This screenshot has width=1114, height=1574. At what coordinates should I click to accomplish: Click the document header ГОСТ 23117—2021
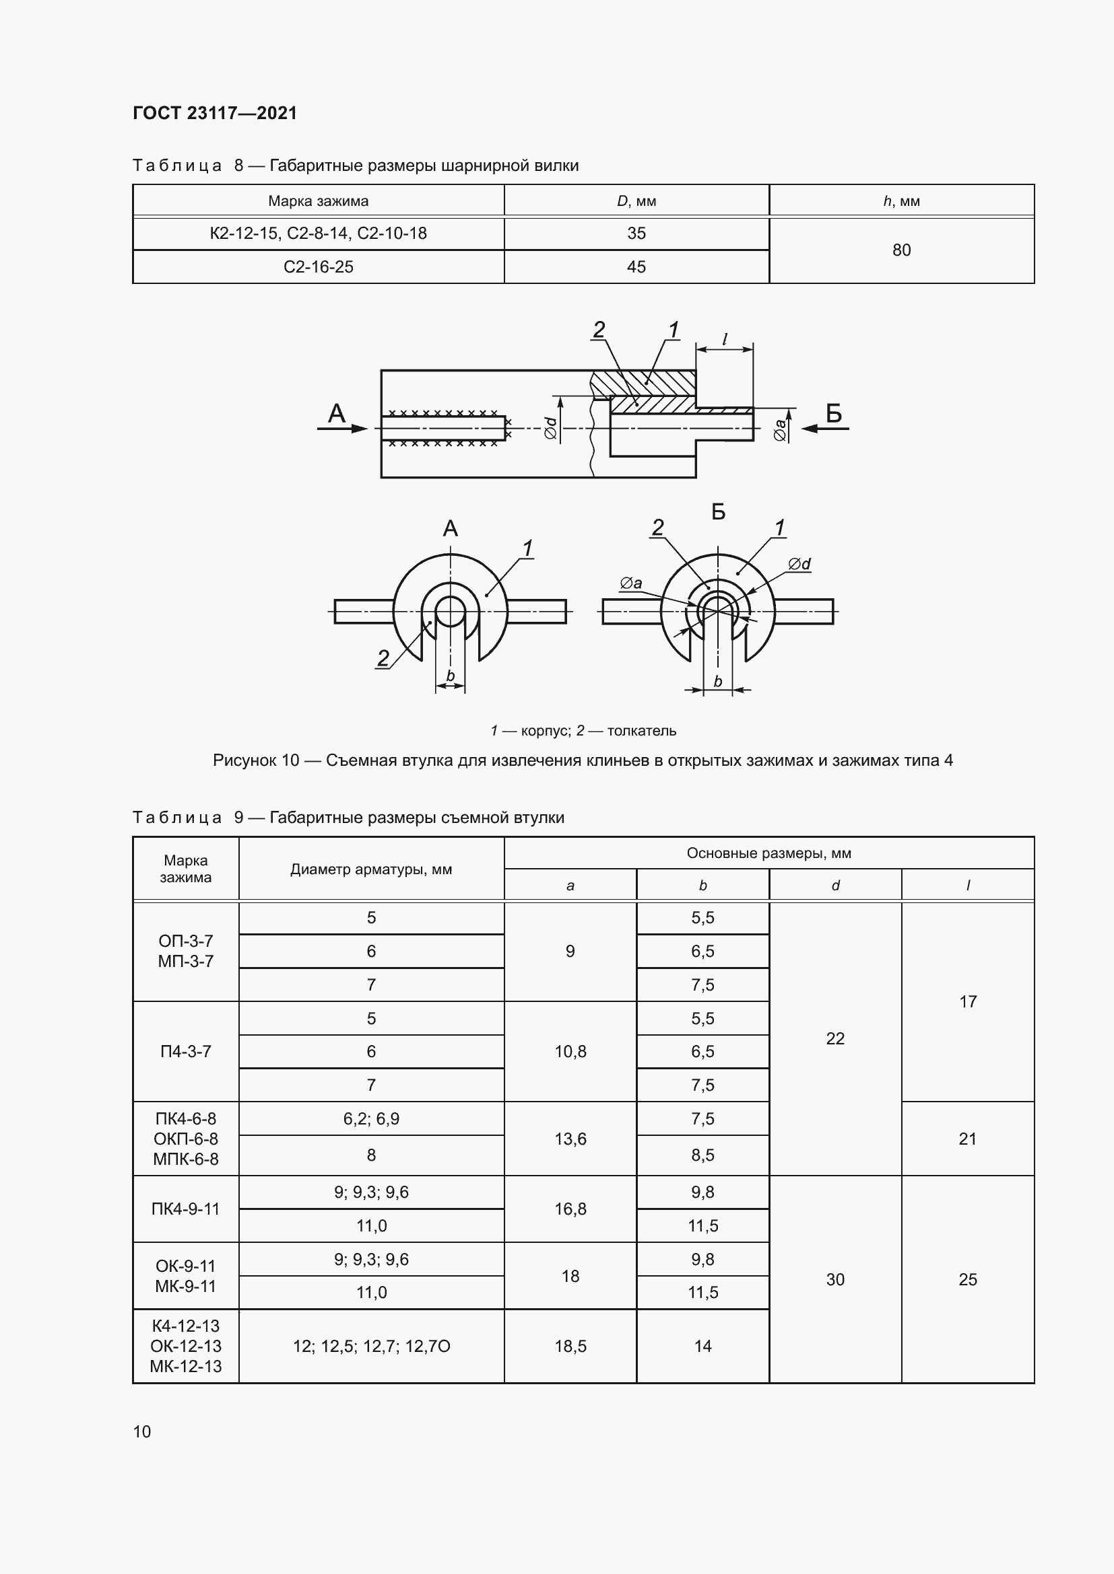coord(215,113)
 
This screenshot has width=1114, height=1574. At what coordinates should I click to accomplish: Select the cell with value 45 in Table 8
coord(636,266)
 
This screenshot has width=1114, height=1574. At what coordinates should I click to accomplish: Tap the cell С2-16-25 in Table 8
coord(319,266)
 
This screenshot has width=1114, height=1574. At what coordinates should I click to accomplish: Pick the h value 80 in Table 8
coord(901,250)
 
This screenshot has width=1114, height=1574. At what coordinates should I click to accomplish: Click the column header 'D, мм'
coord(636,201)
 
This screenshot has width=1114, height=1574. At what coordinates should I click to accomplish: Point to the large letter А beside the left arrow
coord(337,413)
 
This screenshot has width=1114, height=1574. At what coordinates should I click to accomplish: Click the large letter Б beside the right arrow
coord(833,413)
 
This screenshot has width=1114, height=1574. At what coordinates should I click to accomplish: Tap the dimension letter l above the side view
coord(725,339)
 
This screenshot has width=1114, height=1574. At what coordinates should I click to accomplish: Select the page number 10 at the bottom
coord(142,1431)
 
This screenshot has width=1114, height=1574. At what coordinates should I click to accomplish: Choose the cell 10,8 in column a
coord(570,1052)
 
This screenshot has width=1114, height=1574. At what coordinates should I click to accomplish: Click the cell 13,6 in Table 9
coord(570,1139)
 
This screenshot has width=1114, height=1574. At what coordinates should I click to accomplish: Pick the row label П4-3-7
coord(186,1052)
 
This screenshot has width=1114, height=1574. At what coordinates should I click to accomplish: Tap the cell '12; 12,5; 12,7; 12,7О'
coord(371,1347)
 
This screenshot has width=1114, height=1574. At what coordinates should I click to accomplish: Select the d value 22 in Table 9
coord(834,1038)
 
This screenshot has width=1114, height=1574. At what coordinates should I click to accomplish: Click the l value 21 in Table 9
coord(967,1139)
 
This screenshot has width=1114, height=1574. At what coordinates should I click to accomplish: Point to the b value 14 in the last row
coord(702,1347)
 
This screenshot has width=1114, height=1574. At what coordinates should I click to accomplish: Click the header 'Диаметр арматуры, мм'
coord(371,869)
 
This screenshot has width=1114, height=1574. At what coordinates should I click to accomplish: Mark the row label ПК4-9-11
coord(186,1209)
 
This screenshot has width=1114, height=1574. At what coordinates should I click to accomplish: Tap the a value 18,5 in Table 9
coord(570,1347)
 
